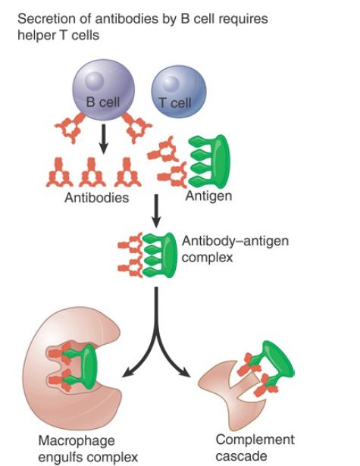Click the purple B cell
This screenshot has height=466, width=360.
104,89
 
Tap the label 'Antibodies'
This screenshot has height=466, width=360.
96,198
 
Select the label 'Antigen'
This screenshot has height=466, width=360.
208,196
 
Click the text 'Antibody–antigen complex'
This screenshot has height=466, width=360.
235,249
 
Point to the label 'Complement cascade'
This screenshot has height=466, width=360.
255,448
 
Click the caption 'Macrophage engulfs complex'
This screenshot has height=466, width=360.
88,449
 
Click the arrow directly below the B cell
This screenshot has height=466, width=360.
103,139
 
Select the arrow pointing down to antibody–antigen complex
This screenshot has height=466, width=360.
156,211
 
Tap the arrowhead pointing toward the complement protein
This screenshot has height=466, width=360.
185,372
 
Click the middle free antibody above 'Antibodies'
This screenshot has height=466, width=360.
92,173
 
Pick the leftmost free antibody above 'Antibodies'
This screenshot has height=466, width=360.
59,173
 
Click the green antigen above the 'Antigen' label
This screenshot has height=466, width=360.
211,161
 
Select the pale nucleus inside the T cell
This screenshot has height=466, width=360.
171,83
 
